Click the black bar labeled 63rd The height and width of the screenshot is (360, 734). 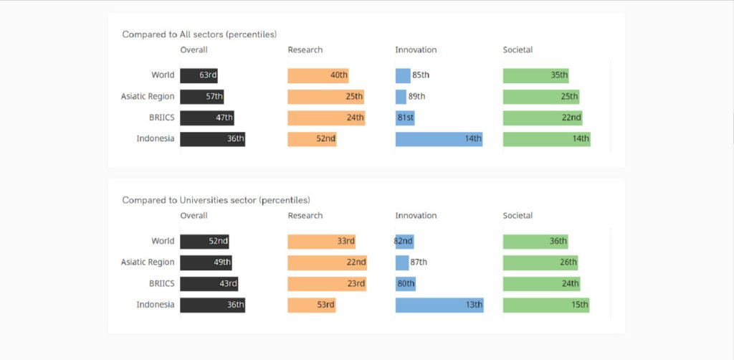click(x=199, y=75)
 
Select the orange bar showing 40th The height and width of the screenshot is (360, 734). click(x=318, y=75)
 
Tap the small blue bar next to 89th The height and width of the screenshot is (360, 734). click(x=401, y=97)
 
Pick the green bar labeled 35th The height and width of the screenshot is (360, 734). click(x=535, y=75)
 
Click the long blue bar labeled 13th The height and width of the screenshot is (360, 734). click(x=439, y=305)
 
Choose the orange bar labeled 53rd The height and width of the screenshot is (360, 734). click(x=311, y=305)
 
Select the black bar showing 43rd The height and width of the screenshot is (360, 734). click(x=209, y=284)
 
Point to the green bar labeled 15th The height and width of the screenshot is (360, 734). click(x=546, y=305)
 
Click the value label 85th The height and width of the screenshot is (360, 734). click(x=421, y=75)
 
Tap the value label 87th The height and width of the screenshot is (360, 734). click(x=419, y=262)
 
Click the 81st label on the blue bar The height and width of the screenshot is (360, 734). click(x=405, y=118)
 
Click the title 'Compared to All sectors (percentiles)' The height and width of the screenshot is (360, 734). click(x=199, y=34)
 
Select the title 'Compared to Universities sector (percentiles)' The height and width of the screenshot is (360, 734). click(x=216, y=200)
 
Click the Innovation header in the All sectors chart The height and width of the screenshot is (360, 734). click(x=416, y=50)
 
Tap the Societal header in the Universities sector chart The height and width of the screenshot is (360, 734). click(x=518, y=216)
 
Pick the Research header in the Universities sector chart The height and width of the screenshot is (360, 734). click(x=305, y=216)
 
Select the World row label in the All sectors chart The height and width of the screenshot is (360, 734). click(x=163, y=75)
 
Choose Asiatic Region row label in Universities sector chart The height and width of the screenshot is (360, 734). click(x=148, y=262)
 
